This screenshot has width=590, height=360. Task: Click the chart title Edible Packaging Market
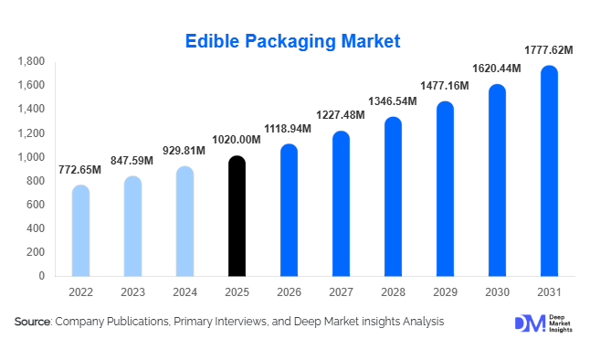click(293, 41)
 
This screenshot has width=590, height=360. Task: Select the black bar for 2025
click(237, 217)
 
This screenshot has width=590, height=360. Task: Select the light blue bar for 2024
click(184, 222)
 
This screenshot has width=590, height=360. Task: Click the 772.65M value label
click(80, 170)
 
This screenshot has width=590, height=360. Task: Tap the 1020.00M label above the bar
click(237, 141)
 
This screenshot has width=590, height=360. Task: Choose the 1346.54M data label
click(393, 101)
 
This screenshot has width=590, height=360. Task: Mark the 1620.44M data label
click(497, 69)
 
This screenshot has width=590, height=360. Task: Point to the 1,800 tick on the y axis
click(32, 61)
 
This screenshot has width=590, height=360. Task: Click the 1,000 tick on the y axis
click(32, 157)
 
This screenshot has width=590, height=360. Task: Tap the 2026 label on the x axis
click(289, 292)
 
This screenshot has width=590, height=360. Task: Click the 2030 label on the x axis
click(497, 292)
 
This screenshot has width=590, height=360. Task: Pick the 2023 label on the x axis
click(132, 292)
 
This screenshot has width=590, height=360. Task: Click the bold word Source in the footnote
click(33, 322)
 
